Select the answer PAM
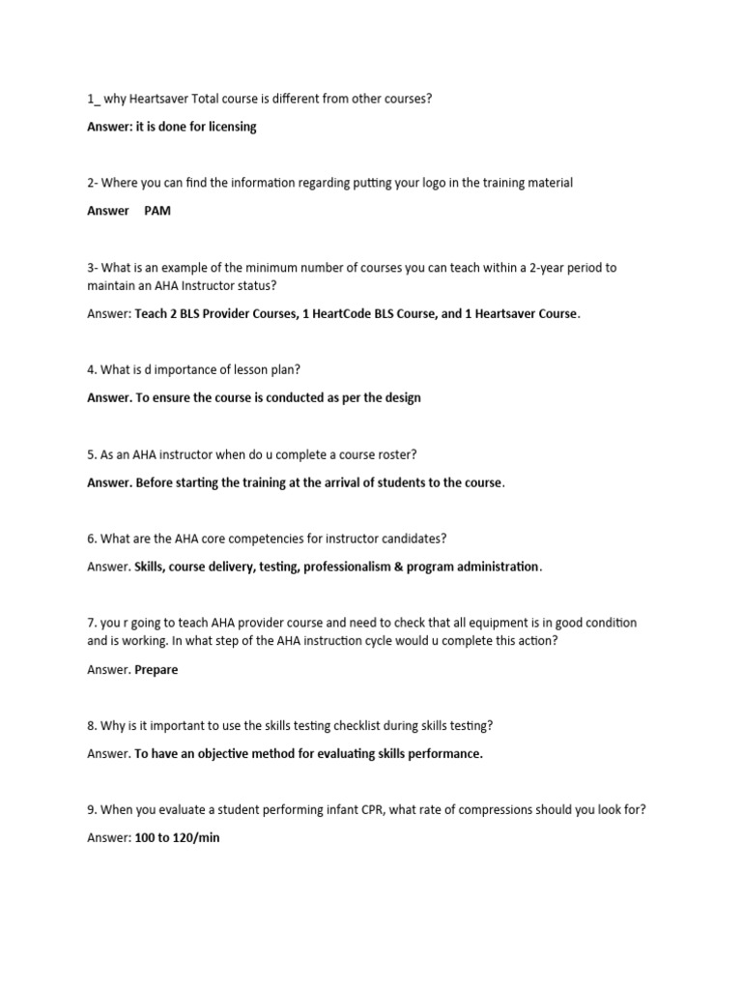pos(157,211)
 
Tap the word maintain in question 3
pos(110,285)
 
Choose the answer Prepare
pos(157,670)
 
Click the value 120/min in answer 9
pos(195,837)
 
